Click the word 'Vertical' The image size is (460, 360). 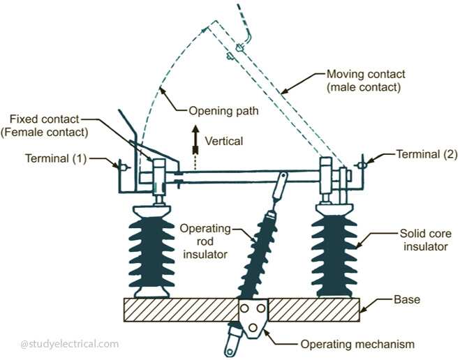click(x=224, y=141)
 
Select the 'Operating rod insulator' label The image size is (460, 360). click(x=204, y=241)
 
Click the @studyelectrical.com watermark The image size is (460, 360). click(x=70, y=343)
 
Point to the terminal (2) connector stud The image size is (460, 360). click(x=362, y=165)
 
